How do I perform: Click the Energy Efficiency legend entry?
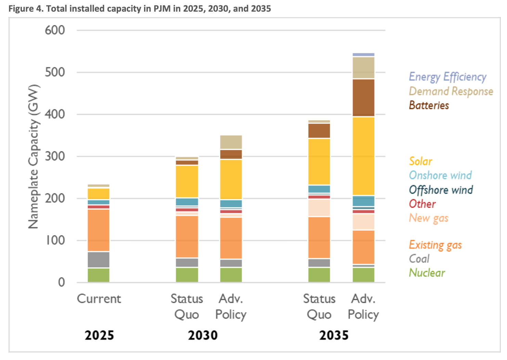(x=447, y=77)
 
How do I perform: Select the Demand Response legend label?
(x=451, y=91)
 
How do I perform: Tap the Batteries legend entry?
(x=429, y=105)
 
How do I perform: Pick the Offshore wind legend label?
(x=441, y=190)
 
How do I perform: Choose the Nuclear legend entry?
(x=427, y=273)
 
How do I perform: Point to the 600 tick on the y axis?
(x=55, y=30)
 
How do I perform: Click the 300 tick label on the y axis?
(x=55, y=156)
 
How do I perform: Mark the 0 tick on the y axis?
(x=61, y=282)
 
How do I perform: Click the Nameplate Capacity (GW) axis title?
(x=34, y=156)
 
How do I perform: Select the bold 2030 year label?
(x=203, y=335)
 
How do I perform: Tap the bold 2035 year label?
(x=334, y=335)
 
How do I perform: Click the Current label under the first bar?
(x=99, y=299)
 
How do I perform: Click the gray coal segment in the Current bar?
(x=99, y=260)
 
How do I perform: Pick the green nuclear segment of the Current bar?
(x=99, y=275)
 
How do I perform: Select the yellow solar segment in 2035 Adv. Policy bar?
(x=363, y=156)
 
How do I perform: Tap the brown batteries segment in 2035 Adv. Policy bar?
(x=363, y=98)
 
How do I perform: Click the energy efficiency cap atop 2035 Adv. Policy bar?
(x=363, y=55)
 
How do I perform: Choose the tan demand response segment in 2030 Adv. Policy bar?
(x=231, y=142)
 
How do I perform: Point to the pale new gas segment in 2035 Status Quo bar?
(x=319, y=208)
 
